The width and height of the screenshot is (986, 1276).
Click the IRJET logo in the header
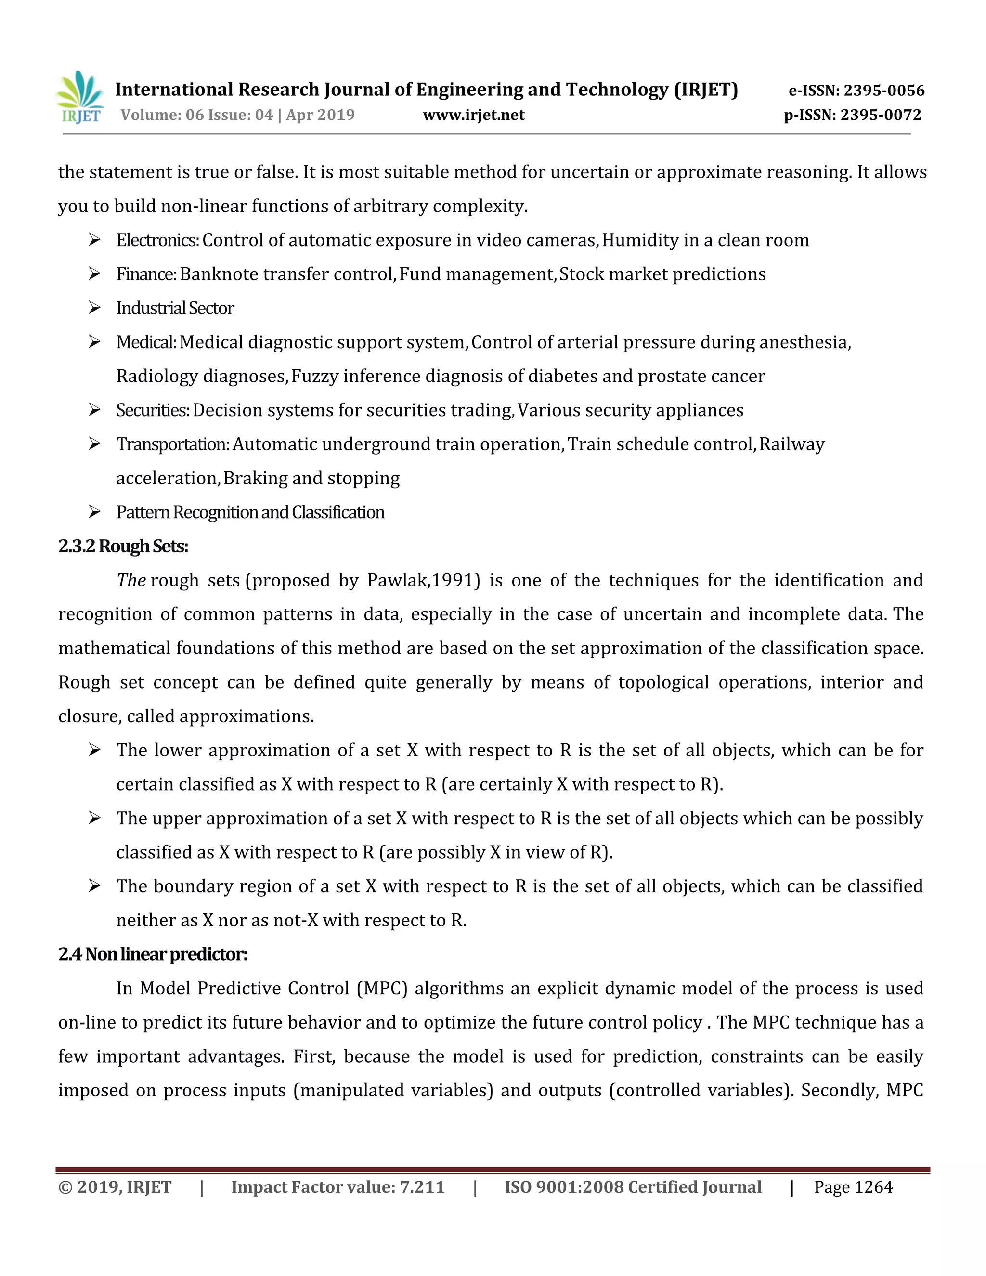point(80,98)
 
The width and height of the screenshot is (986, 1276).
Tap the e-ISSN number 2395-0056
point(884,91)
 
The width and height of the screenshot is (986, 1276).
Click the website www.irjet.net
point(473,115)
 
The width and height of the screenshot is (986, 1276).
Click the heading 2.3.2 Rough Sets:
point(123,547)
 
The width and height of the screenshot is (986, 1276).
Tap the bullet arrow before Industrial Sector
point(95,308)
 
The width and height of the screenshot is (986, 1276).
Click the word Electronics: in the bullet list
point(158,240)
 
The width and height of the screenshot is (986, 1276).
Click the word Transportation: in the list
point(173,444)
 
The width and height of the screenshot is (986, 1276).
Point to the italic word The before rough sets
point(131,580)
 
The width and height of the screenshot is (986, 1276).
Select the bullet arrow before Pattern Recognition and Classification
point(95,512)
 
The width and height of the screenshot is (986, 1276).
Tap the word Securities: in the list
point(153,410)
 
